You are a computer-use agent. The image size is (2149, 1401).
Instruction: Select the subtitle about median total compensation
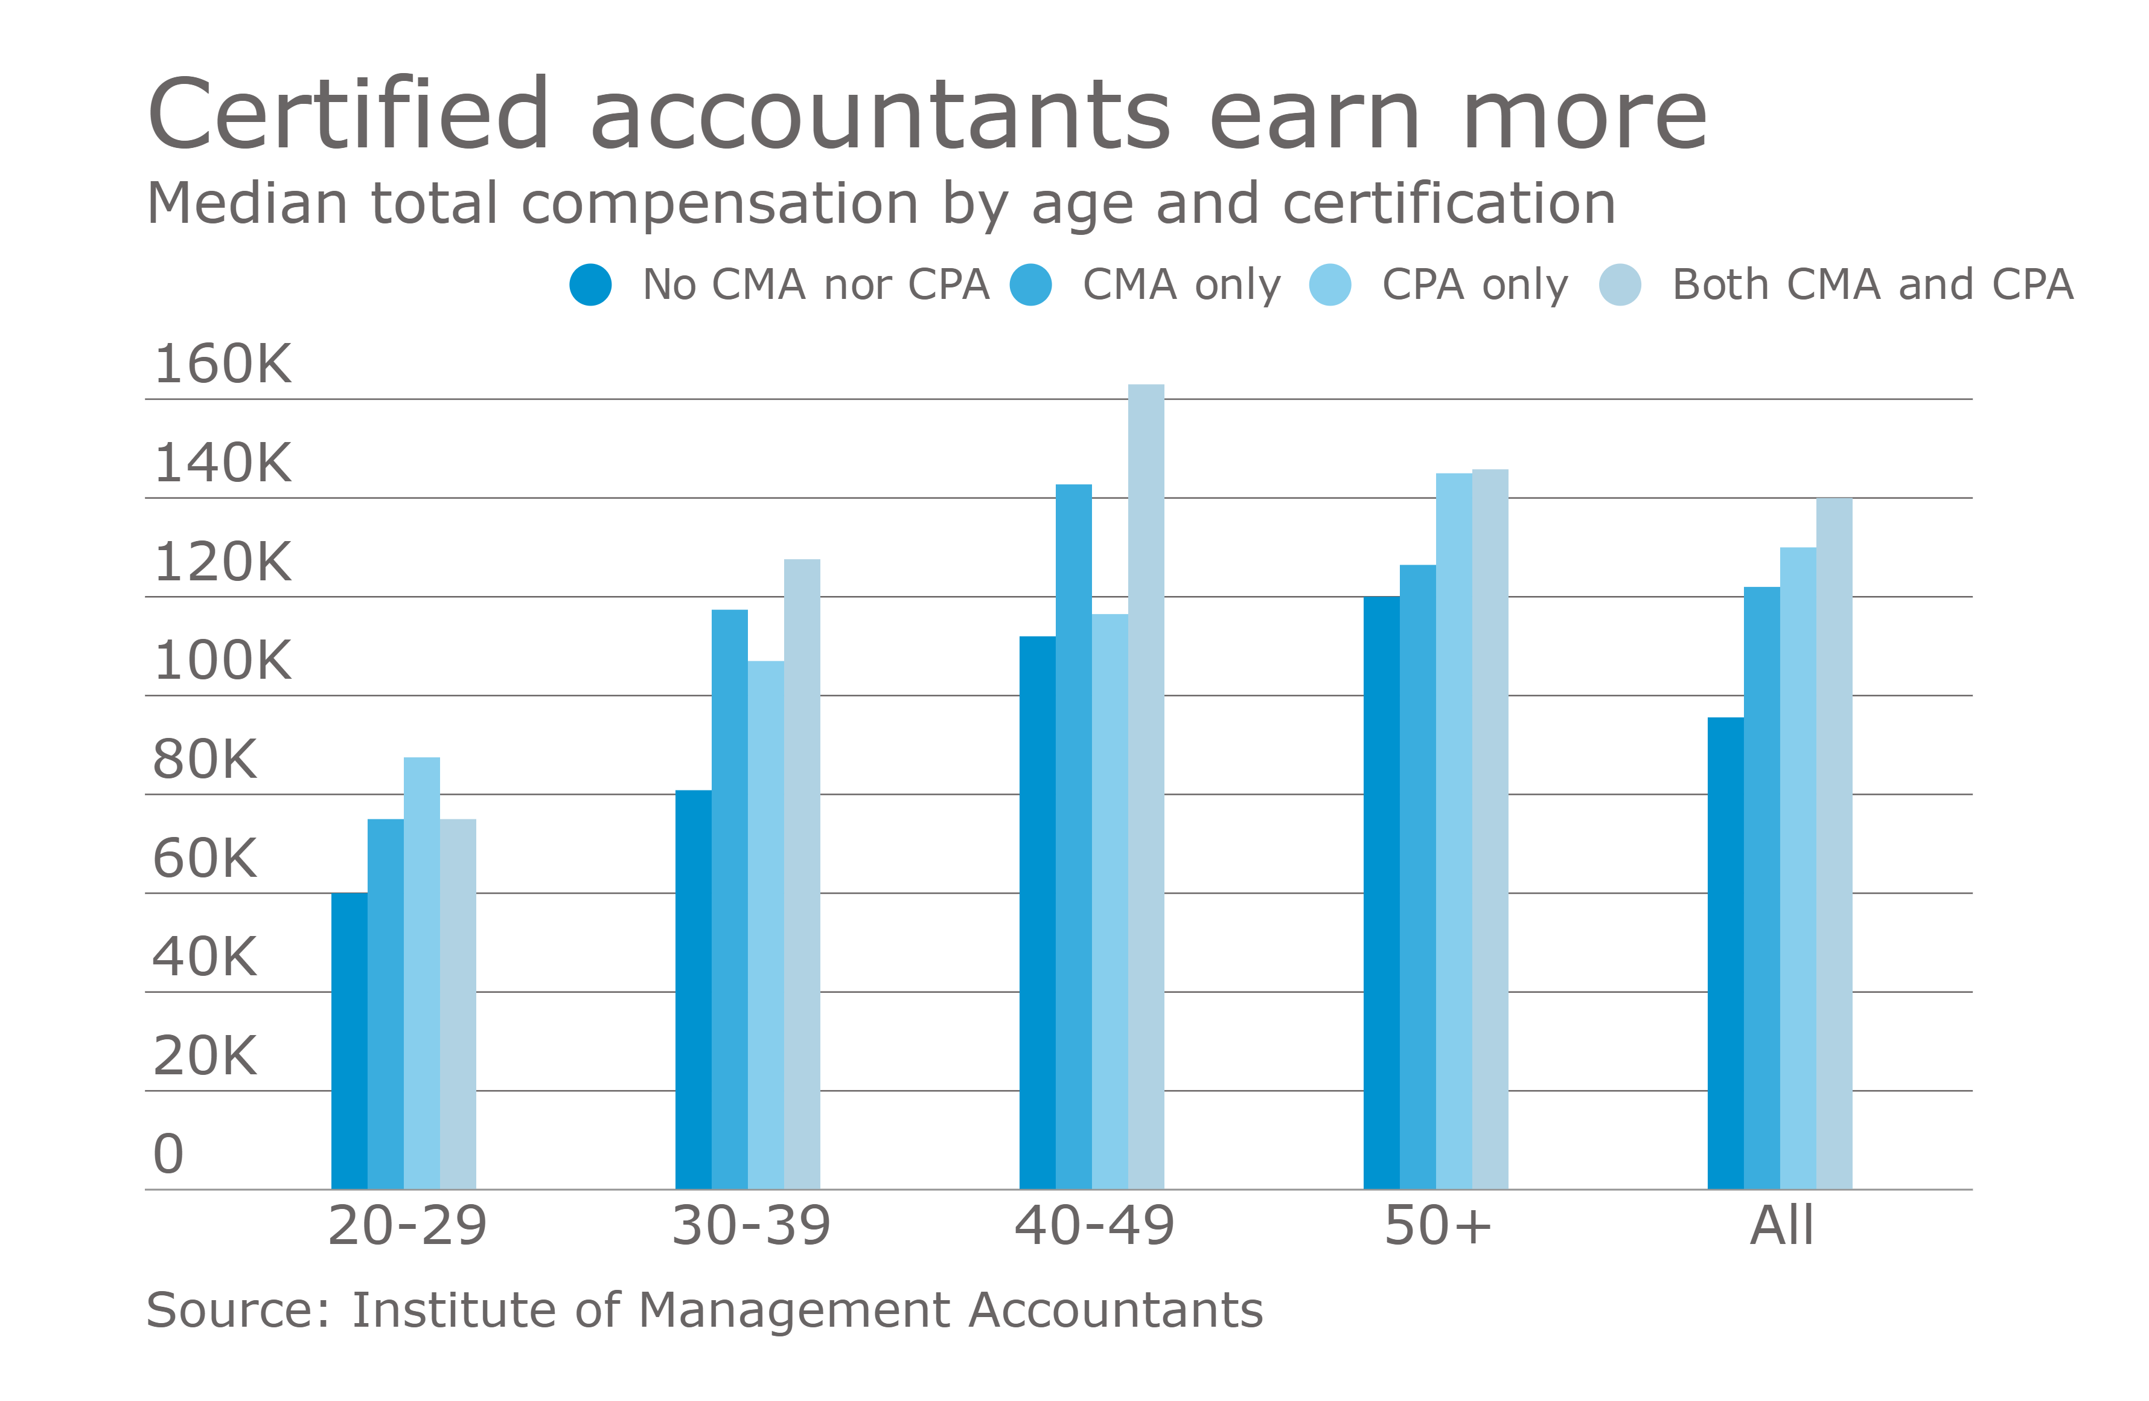point(880,204)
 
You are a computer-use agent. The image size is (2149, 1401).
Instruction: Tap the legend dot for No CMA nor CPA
point(590,284)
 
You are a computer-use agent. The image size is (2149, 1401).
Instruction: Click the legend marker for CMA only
point(1030,284)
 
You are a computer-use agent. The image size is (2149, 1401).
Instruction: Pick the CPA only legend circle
point(1329,284)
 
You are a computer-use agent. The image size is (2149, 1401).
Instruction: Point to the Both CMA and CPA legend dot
point(1620,284)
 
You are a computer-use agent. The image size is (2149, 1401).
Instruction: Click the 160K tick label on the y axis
point(222,364)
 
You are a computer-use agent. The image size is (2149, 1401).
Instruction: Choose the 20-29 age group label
point(407,1226)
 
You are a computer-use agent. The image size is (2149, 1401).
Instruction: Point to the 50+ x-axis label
point(1437,1226)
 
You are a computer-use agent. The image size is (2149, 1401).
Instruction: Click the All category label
point(1781,1226)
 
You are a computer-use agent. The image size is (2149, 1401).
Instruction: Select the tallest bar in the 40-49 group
point(1146,786)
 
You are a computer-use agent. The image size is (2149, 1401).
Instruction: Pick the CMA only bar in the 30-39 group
point(730,899)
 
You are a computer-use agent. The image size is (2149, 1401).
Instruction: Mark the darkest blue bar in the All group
point(1725,953)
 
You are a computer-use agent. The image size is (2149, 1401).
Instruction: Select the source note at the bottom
point(704,1310)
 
